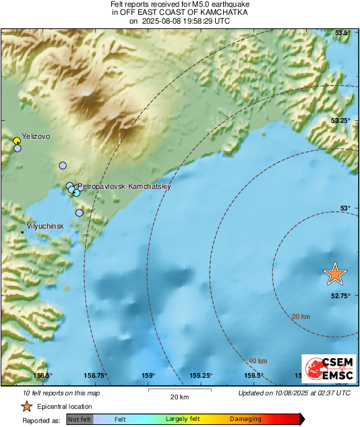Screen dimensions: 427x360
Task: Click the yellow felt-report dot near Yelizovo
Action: click(17, 140)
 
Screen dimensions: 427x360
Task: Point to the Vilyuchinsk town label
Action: click(44, 226)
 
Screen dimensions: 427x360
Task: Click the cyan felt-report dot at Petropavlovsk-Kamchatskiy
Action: click(76, 193)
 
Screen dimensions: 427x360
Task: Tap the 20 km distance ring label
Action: click(301, 316)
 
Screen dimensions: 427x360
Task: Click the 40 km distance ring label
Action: click(258, 361)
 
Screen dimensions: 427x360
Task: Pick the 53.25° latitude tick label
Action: click(339, 120)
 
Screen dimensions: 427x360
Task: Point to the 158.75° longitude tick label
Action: click(96, 376)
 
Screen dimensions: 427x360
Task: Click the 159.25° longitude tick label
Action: click(201, 376)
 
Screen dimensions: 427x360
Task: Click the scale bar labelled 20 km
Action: click(179, 392)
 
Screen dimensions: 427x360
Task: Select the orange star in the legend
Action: click(26, 406)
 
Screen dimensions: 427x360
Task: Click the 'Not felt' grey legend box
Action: click(80, 419)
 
